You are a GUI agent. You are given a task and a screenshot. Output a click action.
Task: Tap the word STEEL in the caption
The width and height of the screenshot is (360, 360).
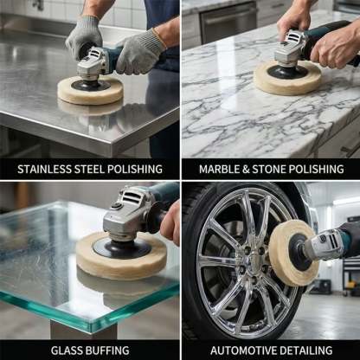pyautogui.click(x=91, y=168)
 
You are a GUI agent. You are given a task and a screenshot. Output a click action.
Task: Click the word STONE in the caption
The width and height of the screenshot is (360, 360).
pyautogui.click(x=275, y=168)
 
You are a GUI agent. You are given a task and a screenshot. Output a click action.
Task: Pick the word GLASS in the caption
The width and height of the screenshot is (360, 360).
pyautogui.click(x=66, y=350)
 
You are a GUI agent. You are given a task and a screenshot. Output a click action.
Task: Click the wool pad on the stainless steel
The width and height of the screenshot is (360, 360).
pyautogui.click(x=90, y=91)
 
